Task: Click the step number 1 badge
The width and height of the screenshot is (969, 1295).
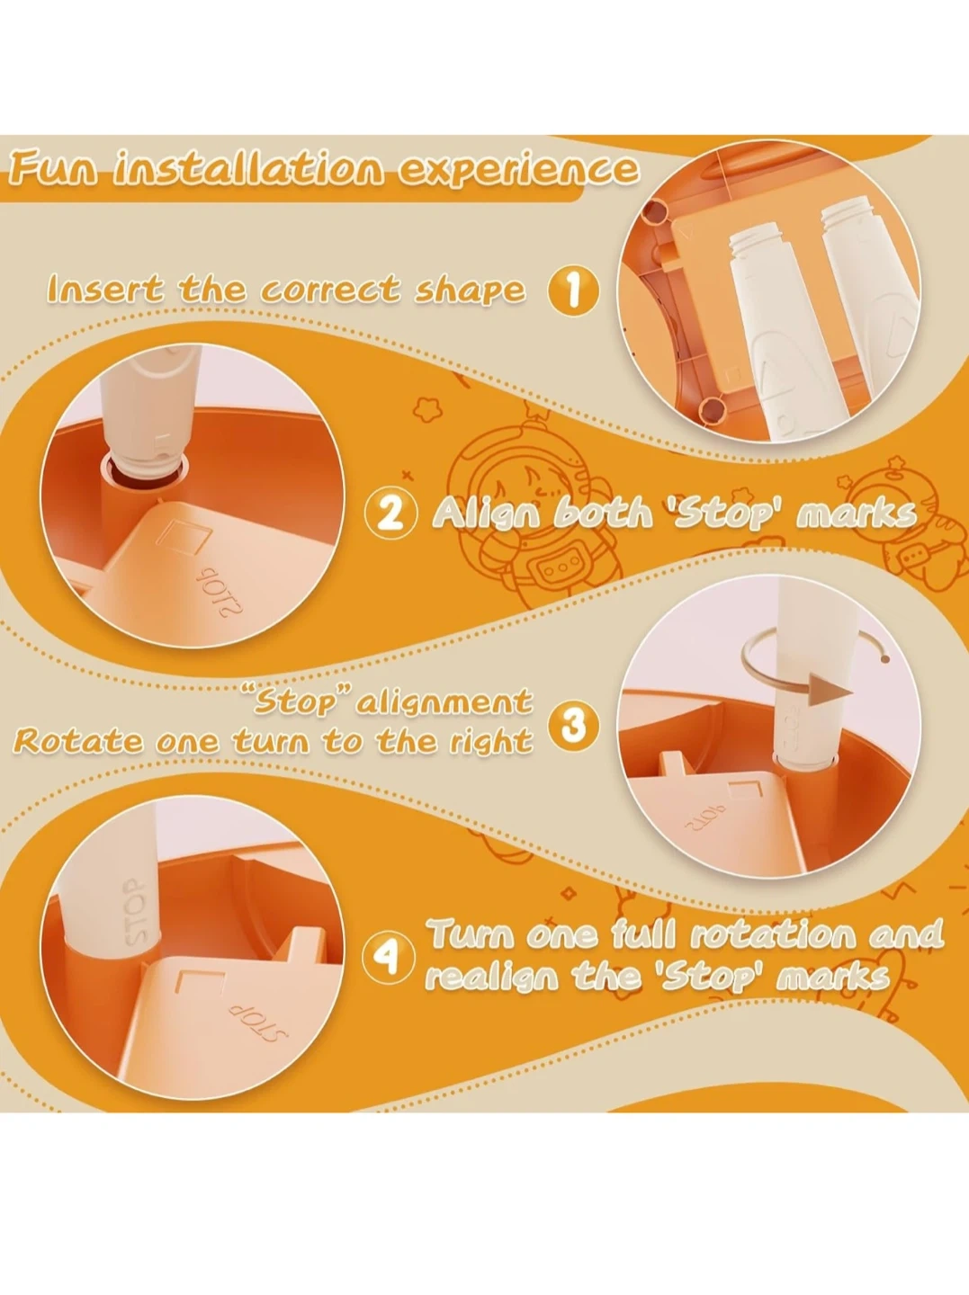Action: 573,290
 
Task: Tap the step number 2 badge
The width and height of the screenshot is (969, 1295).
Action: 391,513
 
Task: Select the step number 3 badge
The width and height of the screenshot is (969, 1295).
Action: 573,727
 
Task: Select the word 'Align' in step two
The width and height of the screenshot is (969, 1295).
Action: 487,514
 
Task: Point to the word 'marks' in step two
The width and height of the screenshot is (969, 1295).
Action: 857,514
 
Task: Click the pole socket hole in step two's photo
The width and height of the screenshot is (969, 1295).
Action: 145,469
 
